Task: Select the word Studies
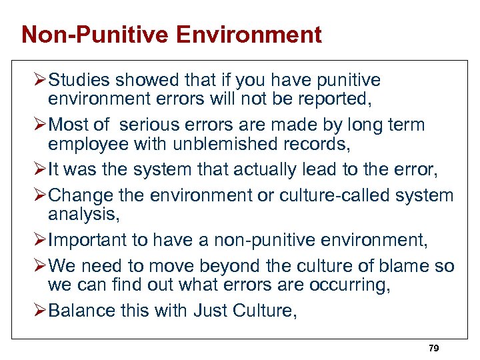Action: [79, 81]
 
